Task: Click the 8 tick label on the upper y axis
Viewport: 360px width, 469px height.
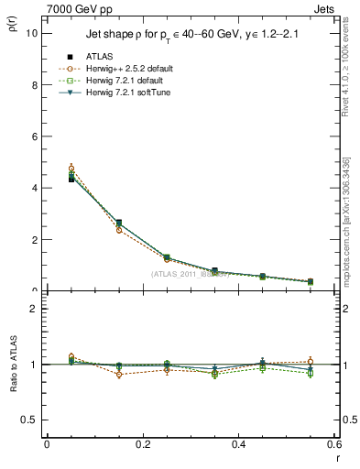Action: click(x=33, y=84)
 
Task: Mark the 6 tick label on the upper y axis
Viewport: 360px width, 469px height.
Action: click(x=33, y=136)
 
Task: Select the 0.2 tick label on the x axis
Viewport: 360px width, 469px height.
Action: click(x=142, y=443)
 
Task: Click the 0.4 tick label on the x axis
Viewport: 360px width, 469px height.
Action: click(x=238, y=443)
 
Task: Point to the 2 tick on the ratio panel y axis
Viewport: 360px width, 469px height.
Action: click(x=33, y=309)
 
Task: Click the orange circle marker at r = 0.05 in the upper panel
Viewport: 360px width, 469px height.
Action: click(x=71, y=169)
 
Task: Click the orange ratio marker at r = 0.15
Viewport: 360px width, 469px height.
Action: click(x=118, y=375)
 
